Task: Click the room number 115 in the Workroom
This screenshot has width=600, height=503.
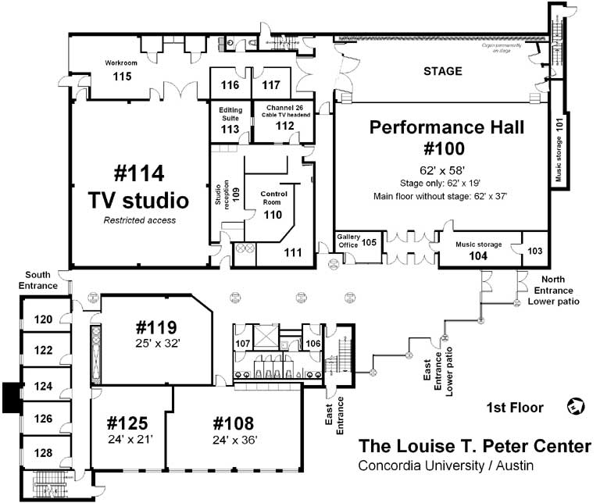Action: point(121,77)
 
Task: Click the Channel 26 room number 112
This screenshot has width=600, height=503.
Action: point(284,126)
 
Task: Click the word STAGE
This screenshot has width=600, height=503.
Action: point(443,71)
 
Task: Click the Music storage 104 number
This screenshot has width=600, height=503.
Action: point(477,255)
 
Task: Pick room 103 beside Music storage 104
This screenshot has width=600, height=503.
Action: point(534,251)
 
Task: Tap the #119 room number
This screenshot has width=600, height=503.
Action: point(156,326)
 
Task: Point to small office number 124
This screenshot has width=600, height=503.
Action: point(43,386)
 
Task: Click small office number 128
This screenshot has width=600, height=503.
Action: point(43,452)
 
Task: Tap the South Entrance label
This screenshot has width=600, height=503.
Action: point(41,280)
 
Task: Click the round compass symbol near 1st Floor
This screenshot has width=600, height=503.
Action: point(577,406)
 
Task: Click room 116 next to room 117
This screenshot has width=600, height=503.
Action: point(230,84)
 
